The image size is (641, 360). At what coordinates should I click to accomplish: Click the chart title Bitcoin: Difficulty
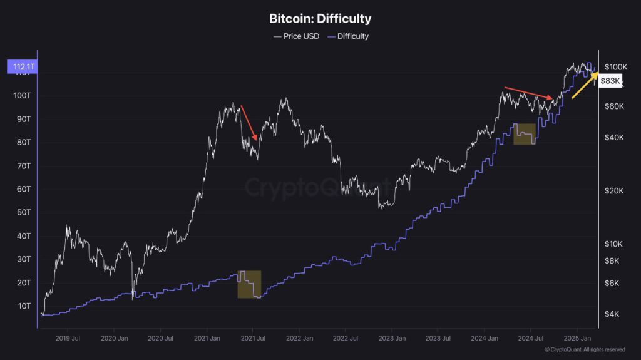point(320,19)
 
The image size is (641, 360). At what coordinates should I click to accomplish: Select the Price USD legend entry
point(296,36)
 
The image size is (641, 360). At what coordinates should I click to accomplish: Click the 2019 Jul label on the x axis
point(67,338)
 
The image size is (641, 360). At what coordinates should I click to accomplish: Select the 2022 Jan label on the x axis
point(299,338)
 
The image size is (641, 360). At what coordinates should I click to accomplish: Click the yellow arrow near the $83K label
point(585,85)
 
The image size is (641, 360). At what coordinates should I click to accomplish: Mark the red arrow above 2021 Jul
point(249,123)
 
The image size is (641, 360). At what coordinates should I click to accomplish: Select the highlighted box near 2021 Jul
point(249,284)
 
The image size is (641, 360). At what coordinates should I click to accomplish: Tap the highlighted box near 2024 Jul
point(525,134)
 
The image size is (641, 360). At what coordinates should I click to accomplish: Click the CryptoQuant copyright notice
point(585,349)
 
